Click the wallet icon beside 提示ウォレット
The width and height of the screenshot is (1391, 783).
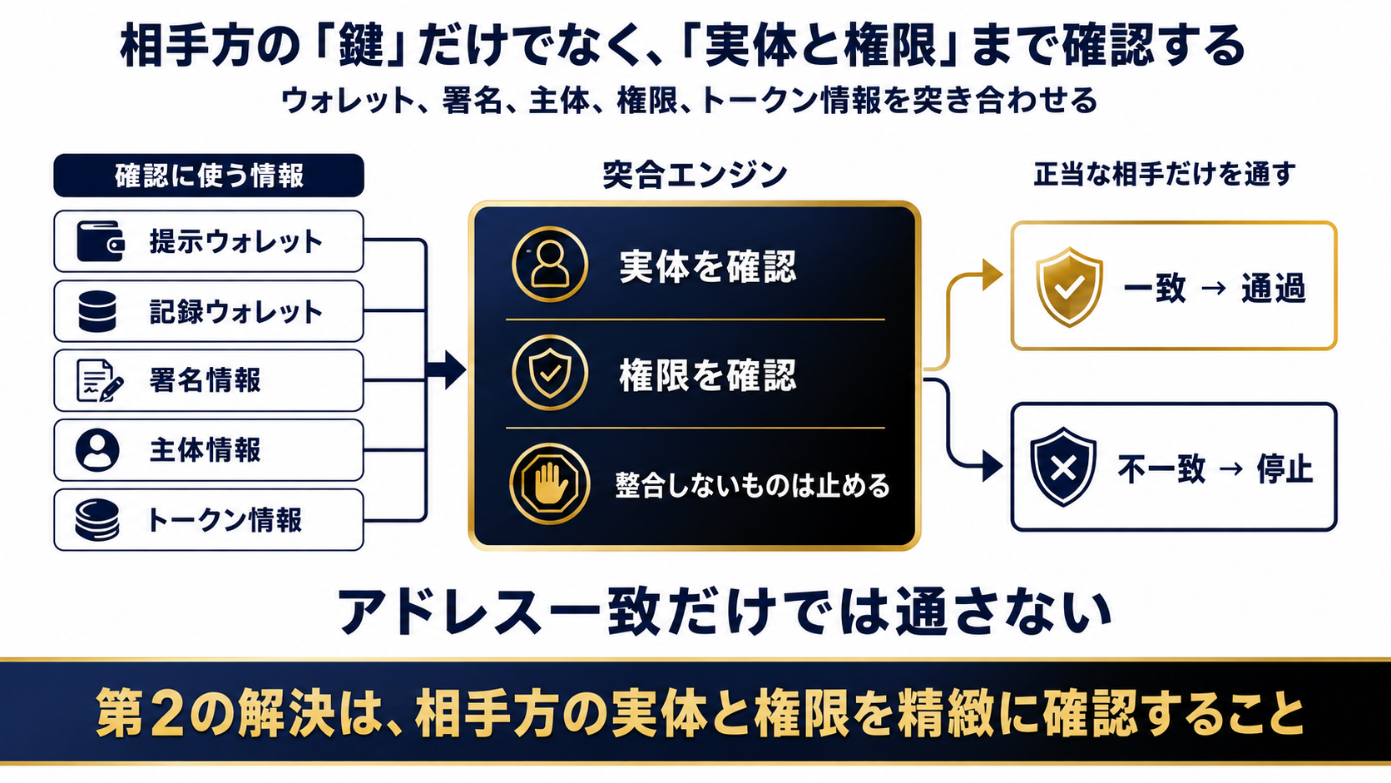coord(100,241)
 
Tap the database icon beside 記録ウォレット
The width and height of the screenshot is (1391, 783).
coord(97,311)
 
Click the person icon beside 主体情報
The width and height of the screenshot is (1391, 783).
coord(97,449)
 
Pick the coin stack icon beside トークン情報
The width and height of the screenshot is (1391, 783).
coord(97,520)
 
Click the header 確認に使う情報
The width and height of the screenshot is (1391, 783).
coord(209,175)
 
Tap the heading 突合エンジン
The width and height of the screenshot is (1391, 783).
coord(695,175)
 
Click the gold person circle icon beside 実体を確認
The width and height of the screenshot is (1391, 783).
coord(550,264)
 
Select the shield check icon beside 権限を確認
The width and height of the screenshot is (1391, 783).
coord(550,373)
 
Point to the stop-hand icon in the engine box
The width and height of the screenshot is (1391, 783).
coord(549,483)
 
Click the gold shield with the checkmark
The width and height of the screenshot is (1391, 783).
coord(1069,287)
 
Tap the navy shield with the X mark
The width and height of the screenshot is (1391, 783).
coord(1063,467)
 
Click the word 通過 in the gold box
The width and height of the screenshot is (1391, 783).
coord(1273,288)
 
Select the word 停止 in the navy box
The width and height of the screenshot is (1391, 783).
coord(1285,468)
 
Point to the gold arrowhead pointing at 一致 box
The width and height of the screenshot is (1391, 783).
coord(993,275)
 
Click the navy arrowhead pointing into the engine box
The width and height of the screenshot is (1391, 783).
coord(455,370)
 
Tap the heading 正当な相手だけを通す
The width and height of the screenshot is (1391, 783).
coord(1165,174)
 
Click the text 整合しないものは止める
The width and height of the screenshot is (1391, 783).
coord(753,486)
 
